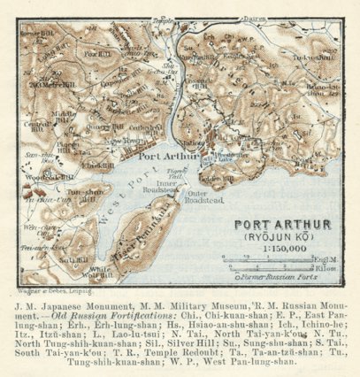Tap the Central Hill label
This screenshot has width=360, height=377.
pos(35,126)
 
